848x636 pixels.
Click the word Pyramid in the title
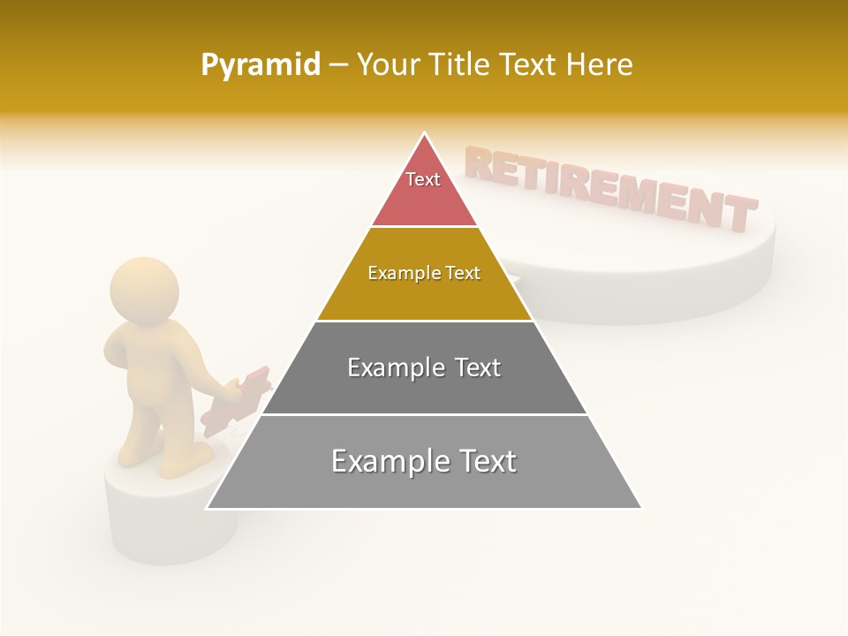[261, 65]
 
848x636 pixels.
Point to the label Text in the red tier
[423, 179]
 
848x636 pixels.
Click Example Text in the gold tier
[424, 273]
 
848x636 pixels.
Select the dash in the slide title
[337, 65]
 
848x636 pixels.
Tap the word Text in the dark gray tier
[477, 367]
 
